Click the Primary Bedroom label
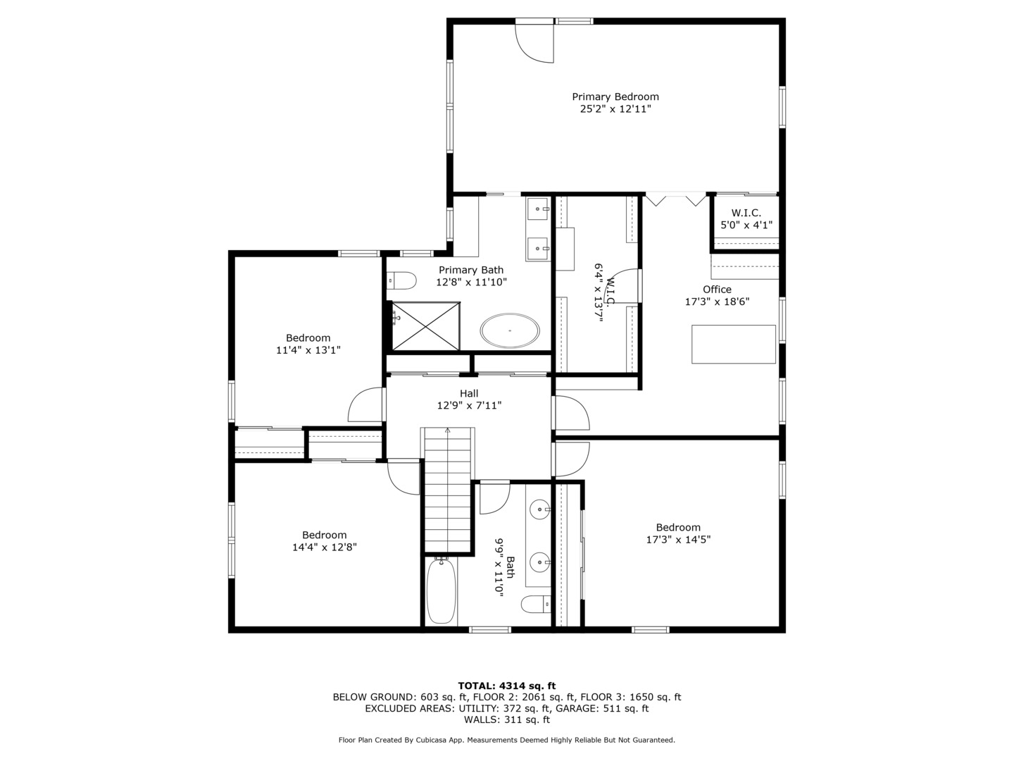615,97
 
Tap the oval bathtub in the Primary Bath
510,330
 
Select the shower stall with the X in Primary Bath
425,325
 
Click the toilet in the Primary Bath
402,280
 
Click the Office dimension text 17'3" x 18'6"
717,302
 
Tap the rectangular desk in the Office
733,344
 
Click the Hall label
469,394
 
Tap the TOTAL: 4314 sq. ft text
506,686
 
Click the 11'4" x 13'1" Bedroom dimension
308,349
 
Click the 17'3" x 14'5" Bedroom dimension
678,540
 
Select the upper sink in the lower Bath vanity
540,507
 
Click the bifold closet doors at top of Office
676,199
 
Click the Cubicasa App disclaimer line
506,740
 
